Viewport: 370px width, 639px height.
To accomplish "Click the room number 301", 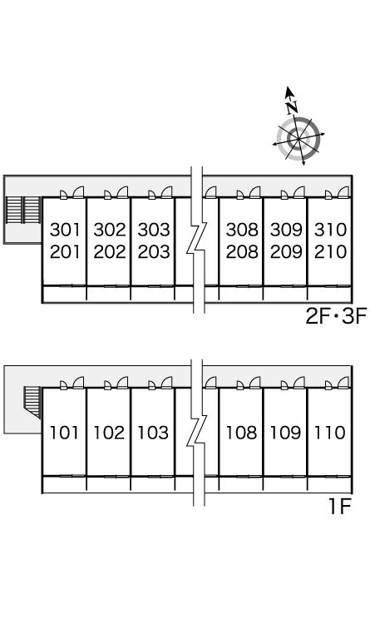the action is pos(65,230).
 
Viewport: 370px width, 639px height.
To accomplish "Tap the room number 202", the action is pos(110,252).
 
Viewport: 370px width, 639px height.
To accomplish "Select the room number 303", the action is pos(154,230).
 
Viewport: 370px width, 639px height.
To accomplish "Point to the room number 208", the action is pos(242,252).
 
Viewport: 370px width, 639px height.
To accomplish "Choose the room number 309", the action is pos(286,230).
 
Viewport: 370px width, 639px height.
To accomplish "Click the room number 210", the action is pos(330,252).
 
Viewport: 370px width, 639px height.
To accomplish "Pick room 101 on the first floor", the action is pos(64,433).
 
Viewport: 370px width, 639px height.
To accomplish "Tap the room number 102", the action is pos(109,433).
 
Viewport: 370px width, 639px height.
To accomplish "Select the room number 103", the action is pos(153,433).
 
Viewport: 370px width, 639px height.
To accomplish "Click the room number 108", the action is pos(241,433).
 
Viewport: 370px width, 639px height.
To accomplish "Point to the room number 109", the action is pos(285,433).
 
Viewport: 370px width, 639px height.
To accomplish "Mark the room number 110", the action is pos(329,433).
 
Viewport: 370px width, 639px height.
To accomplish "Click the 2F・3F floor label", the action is pos(337,316).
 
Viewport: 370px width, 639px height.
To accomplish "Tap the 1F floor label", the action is pos(340,507).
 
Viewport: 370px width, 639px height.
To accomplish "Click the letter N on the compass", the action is pos(292,107).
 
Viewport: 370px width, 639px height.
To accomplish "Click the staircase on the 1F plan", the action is pos(32,401).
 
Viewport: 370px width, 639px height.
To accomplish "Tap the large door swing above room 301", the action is pos(78,191).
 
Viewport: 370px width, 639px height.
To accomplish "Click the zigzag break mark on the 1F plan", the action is pos(198,431).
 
